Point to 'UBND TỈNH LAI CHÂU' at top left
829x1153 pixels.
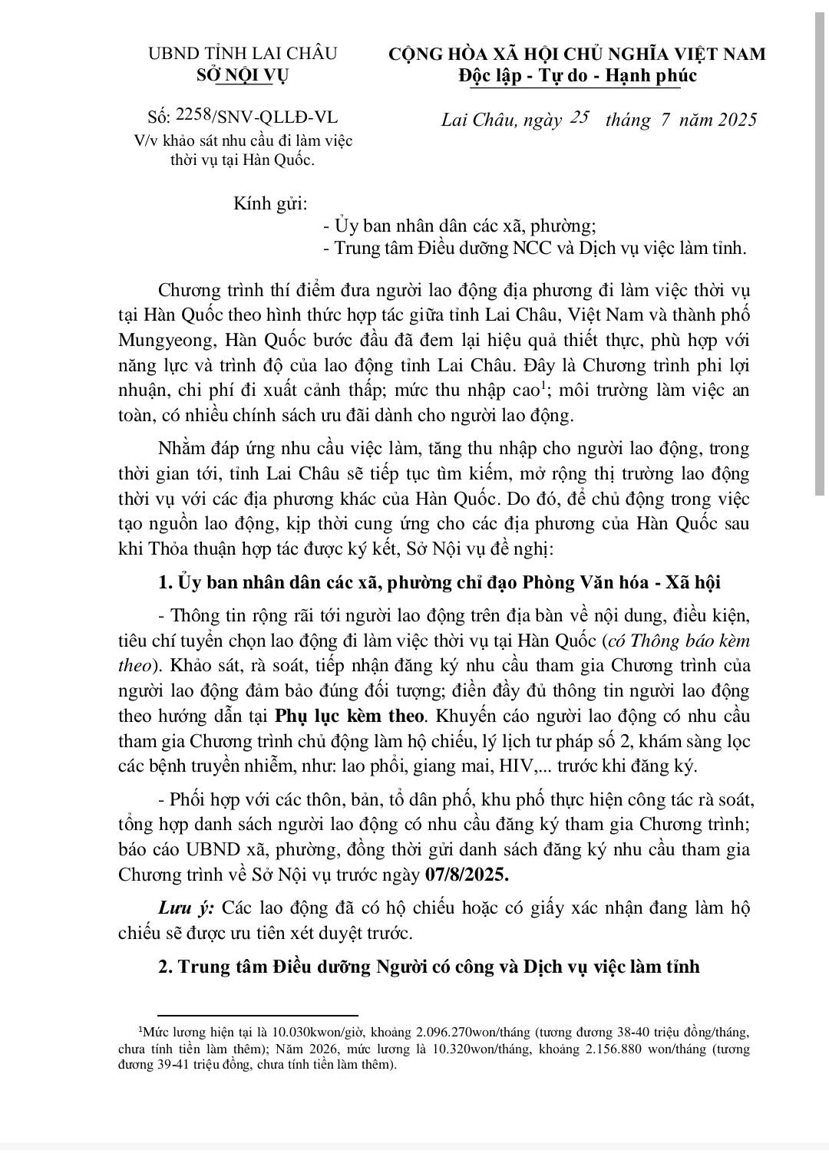[x=242, y=54]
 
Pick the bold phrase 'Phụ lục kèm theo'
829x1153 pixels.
[x=349, y=716]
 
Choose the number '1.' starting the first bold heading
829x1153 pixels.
[x=164, y=582]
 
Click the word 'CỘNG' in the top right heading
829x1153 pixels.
[x=420, y=54]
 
